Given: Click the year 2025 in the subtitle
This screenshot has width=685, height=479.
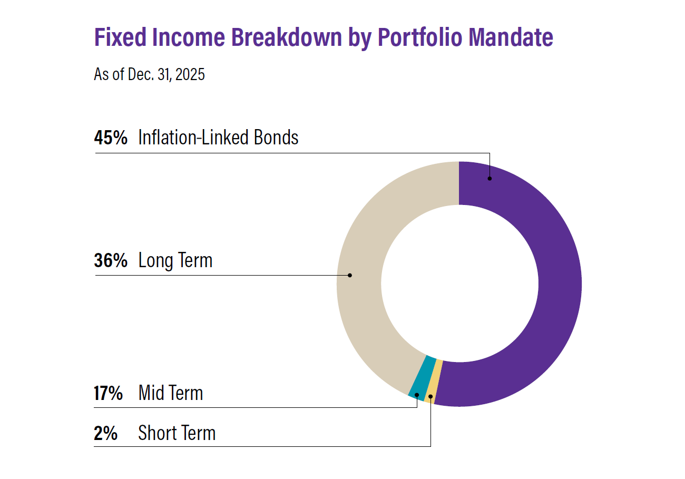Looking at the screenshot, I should pos(190,75).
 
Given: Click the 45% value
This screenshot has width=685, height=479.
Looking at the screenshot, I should pos(111,138).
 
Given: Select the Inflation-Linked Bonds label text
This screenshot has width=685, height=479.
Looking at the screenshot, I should pos(218,138).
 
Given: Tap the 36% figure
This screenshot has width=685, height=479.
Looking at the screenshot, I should pos(111,260).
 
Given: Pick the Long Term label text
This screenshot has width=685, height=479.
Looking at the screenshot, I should pos(175,260).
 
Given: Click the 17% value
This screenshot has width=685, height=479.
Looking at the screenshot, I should pos(109,393).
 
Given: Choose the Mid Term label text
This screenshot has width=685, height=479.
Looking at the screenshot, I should pos(170,393).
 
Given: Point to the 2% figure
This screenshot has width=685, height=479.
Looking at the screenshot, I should pos(105,433).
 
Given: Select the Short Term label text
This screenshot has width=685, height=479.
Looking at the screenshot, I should pos(177,433).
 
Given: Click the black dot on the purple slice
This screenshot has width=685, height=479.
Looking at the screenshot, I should pos(490,179).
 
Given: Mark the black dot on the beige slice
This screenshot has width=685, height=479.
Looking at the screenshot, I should pos(350,275).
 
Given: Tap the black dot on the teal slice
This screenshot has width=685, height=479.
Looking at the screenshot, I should pos(417,395).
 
